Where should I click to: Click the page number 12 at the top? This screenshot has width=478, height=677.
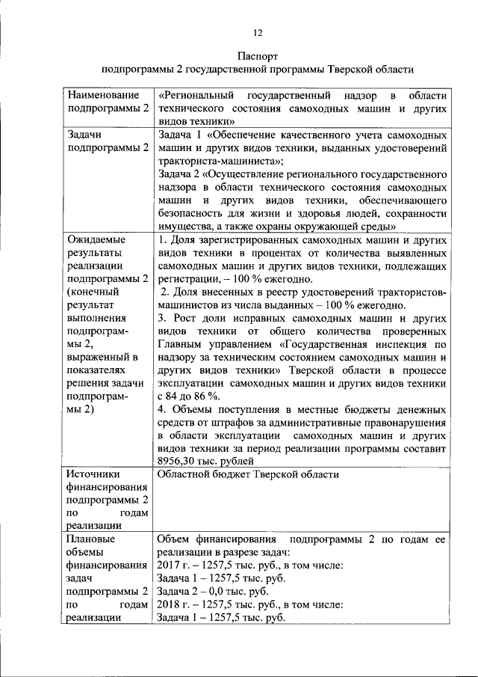pyautogui.click(x=258, y=32)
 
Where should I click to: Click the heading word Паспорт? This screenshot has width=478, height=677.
pyautogui.click(x=258, y=56)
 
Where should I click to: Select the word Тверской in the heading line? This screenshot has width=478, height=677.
pyautogui.click(x=355, y=70)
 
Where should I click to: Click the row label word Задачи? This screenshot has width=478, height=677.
pyautogui.click(x=84, y=135)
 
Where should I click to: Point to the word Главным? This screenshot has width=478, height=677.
pyautogui.click(x=183, y=344)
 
